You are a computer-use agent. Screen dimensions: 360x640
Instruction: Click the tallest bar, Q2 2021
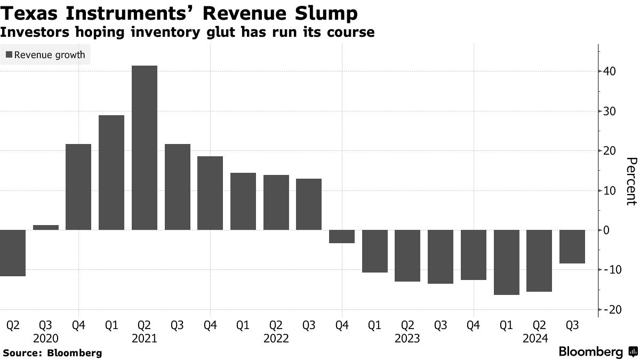point(144,148)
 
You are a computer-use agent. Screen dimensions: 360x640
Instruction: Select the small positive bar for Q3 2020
point(46,228)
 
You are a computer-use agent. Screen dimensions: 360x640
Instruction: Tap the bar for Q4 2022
point(342,236)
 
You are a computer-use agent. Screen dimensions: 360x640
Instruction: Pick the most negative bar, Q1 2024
point(507,262)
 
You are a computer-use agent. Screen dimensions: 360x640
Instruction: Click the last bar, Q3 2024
point(572,246)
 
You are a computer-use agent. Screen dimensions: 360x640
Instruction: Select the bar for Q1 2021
point(111,172)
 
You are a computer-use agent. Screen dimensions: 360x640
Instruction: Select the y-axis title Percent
point(631,181)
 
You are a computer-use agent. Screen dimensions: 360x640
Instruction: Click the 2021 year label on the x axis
point(144,338)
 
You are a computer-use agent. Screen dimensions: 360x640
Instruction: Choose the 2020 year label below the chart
point(46,338)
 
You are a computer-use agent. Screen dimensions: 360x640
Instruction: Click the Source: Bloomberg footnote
point(52,353)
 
